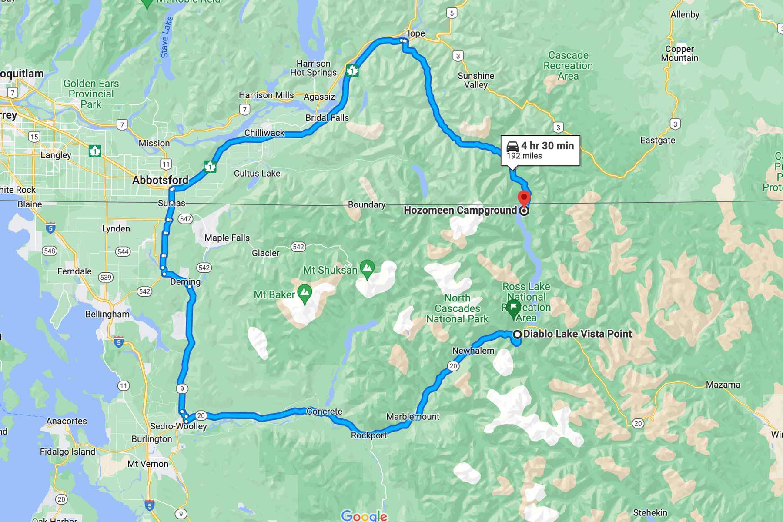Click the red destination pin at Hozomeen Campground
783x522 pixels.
pos(524,197)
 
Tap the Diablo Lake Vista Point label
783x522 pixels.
pos(577,334)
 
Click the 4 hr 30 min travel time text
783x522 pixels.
pos(547,146)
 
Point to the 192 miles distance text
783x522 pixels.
pos(524,156)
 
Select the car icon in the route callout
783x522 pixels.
pos(512,146)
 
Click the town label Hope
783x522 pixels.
pos(414,33)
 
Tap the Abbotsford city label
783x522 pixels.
pos(160,180)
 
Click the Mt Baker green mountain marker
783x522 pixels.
pos(304,294)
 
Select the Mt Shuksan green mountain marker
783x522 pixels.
pos(368,268)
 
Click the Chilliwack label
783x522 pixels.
pos(264,133)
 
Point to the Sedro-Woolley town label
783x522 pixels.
pos(178,426)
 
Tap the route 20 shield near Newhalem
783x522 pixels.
pos(453,366)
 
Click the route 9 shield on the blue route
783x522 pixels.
pos(182,388)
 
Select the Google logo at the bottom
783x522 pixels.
pos(364,516)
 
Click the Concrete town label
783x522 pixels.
pos(324,412)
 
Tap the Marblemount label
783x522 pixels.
pos(413,417)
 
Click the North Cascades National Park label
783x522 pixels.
pos(457,308)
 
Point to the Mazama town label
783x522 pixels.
pos(723,385)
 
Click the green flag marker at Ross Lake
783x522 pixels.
pos(513,308)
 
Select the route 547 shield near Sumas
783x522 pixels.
pos(185,219)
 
